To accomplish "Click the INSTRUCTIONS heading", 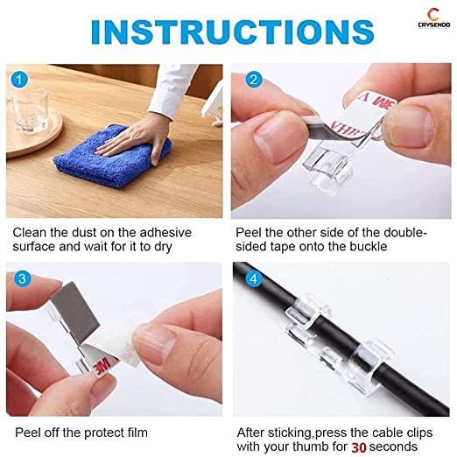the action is click(x=232, y=32).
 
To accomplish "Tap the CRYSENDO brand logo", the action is click(x=434, y=18).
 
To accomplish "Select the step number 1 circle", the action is click(x=19, y=80).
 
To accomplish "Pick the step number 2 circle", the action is click(x=254, y=80).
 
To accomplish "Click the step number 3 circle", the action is click(x=23, y=278).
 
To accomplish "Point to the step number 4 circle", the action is click(x=253, y=278).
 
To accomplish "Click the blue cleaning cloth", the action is click(x=112, y=157).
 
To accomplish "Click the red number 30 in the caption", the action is click(x=359, y=447).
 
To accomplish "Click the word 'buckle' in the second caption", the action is click(x=369, y=247).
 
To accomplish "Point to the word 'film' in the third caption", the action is click(x=137, y=432).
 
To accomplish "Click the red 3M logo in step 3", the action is click(x=102, y=365).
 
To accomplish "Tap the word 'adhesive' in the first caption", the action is click(x=165, y=233).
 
